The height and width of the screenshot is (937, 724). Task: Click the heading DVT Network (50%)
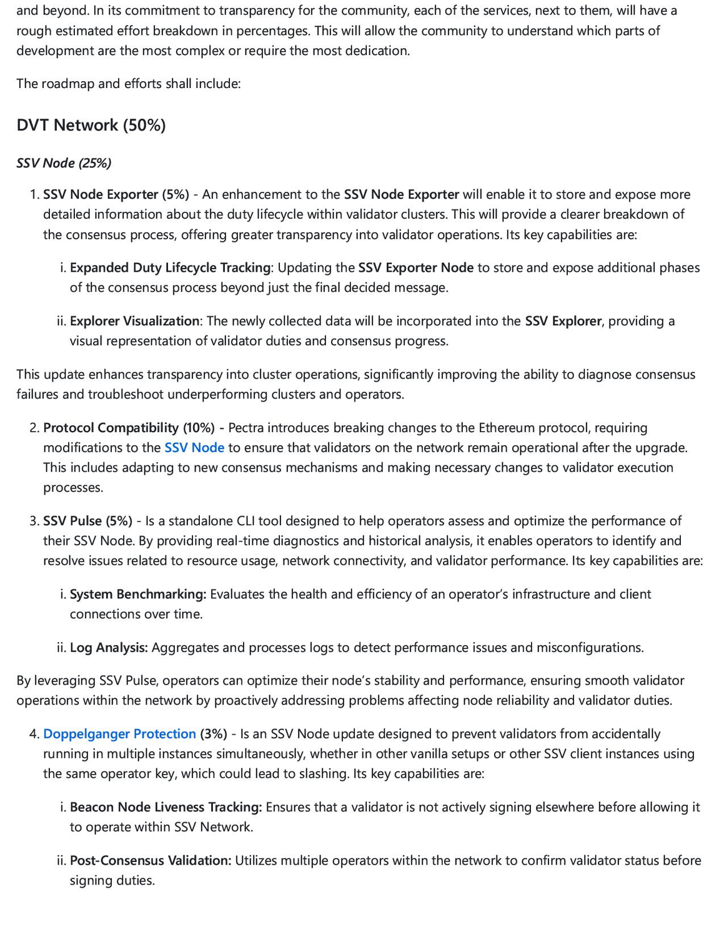pyautogui.click(x=91, y=125)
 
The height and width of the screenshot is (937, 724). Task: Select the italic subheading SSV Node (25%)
pyautogui.click(x=64, y=163)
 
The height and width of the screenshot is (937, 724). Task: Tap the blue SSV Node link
pyautogui.click(x=194, y=447)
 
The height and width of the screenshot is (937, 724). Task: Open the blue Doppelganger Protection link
pyautogui.click(x=119, y=733)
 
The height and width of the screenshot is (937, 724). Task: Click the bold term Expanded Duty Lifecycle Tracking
pyautogui.click(x=170, y=267)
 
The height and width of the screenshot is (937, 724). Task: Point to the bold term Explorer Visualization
pyautogui.click(x=134, y=320)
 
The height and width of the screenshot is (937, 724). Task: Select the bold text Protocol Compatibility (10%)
pyautogui.click(x=129, y=427)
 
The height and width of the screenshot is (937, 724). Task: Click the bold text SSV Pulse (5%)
pyautogui.click(x=87, y=520)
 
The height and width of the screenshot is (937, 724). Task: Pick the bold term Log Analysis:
pyautogui.click(x=109, y=647)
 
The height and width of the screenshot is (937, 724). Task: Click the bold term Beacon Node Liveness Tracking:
pyautogui.click(x=166, y=806)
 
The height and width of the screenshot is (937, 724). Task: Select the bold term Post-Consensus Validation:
pyautogui.click(x=150, y=860)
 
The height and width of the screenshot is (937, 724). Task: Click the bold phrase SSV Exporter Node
pyautogui.click(x=415, y=267)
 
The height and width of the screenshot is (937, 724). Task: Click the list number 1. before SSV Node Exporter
pyautogui.click(x=34, y=194)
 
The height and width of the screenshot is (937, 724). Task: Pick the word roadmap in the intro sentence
pyautogui.click(x=66, y=83)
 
